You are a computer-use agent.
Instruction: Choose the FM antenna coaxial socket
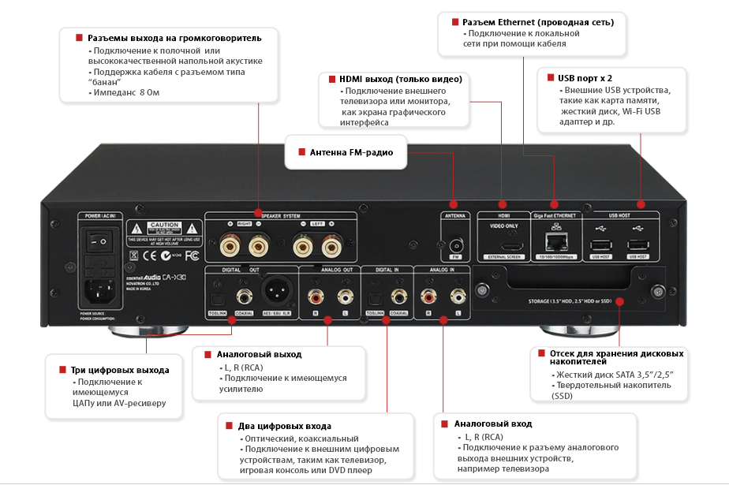(454, 245)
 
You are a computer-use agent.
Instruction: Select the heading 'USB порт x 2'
(585, 78)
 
